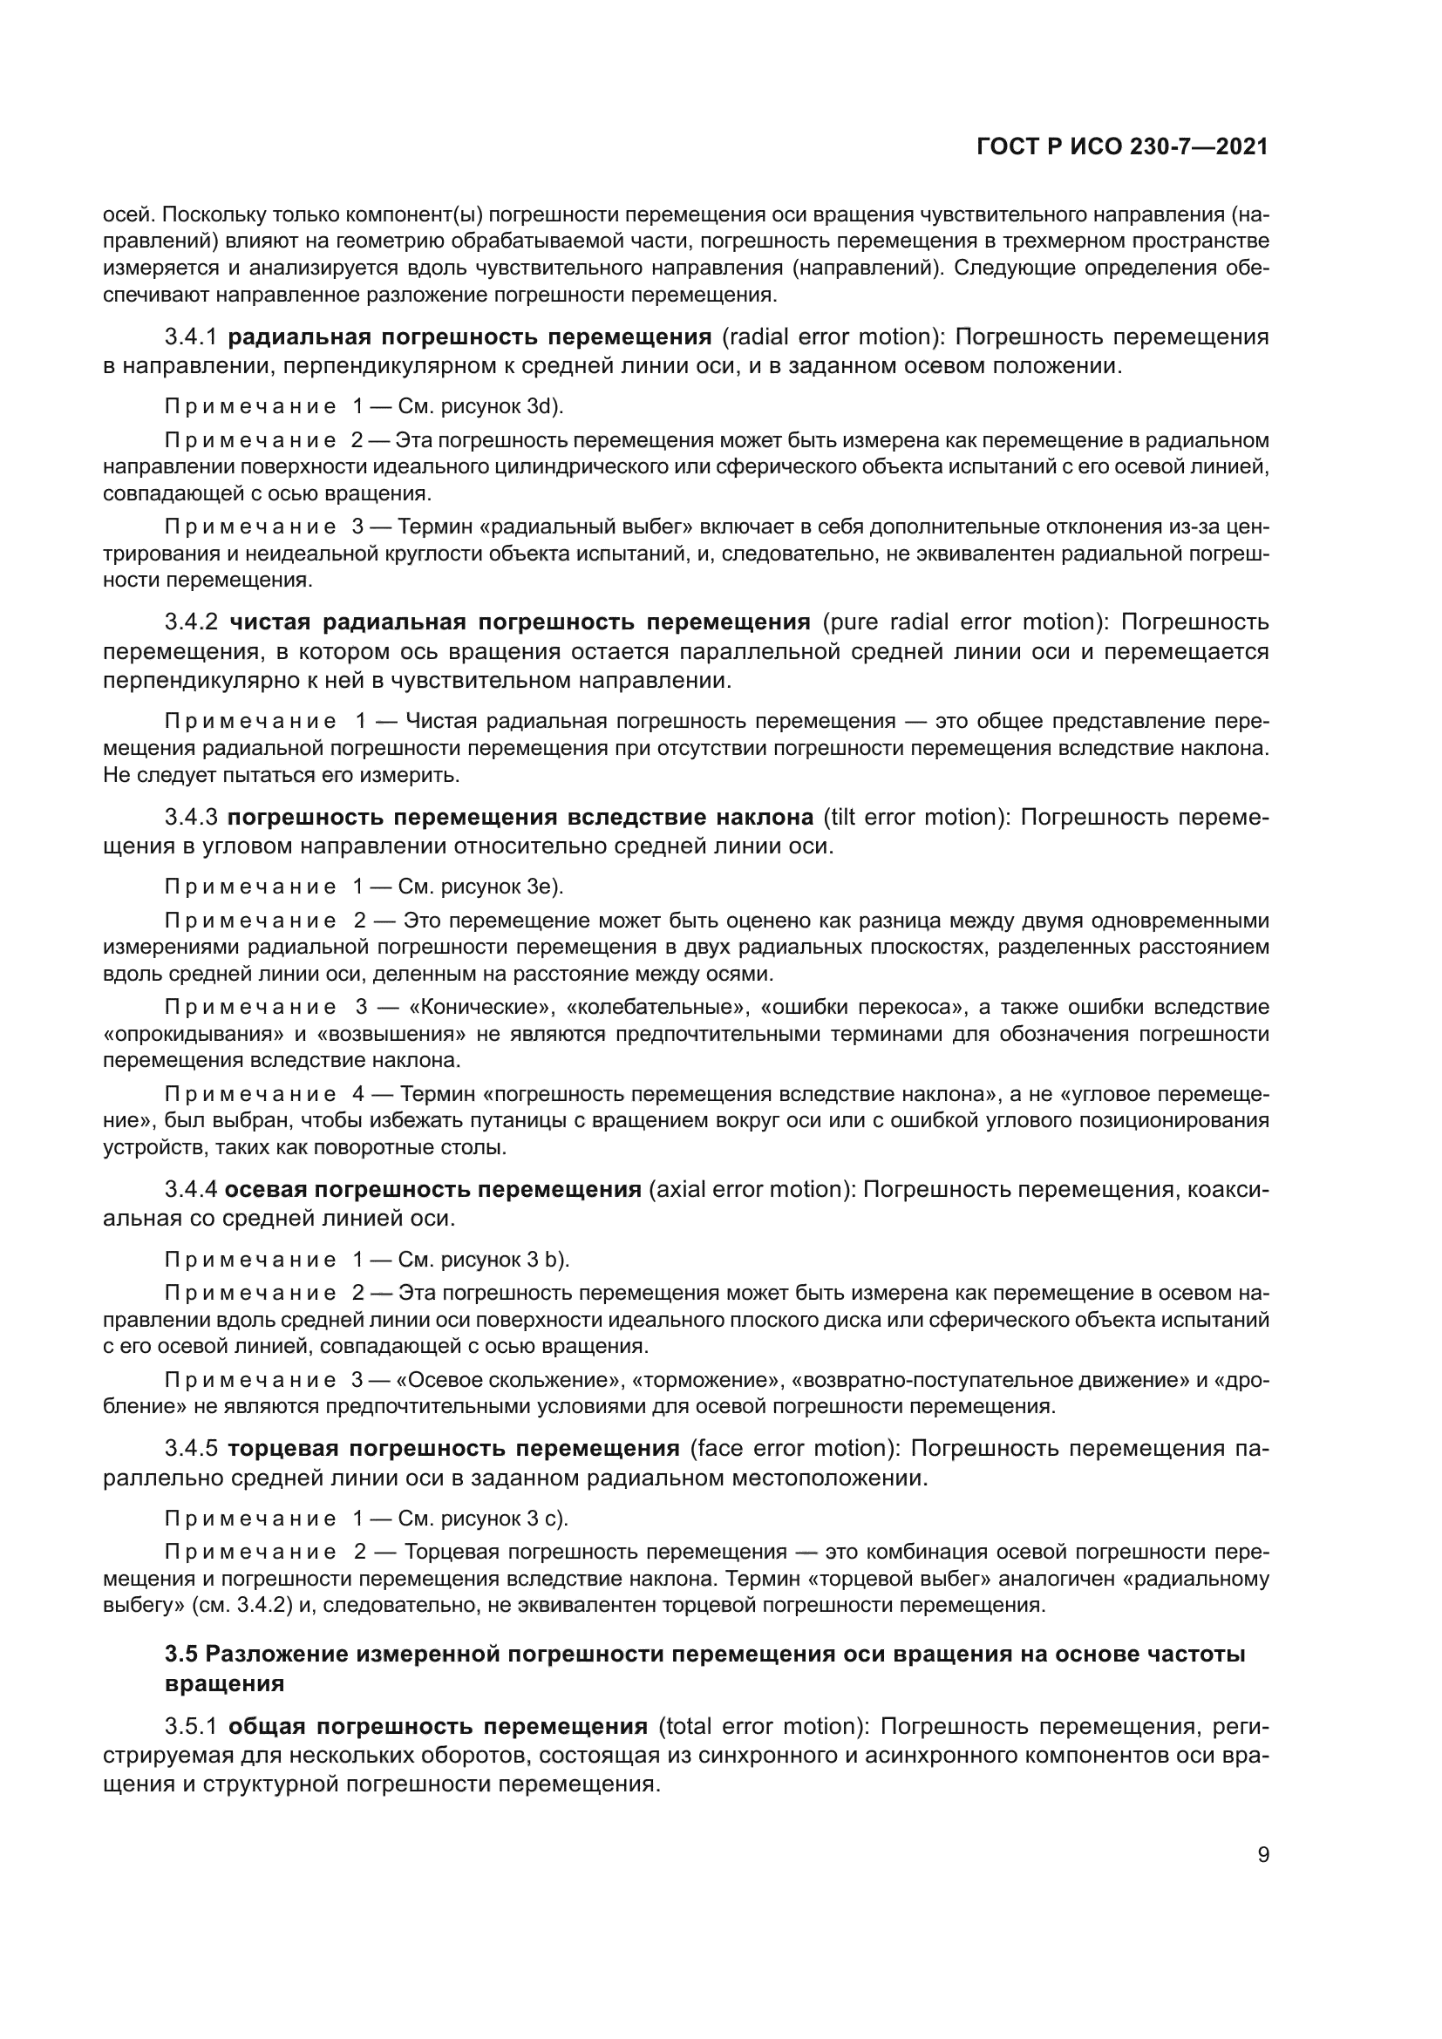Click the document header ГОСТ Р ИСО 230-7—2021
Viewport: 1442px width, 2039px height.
coord(1121,147)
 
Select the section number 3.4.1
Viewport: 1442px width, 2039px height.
coord(191,336)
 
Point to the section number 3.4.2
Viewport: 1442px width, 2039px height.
coord(191,621)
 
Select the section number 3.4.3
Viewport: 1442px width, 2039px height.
coord(191,817)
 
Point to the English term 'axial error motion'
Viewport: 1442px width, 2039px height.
coord(747,1189)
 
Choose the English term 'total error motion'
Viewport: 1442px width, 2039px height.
coord(763,1726)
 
